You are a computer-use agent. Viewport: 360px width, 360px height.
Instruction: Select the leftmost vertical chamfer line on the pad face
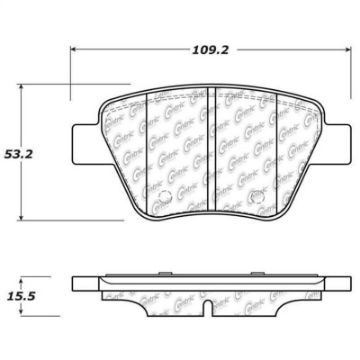[147, 150]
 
